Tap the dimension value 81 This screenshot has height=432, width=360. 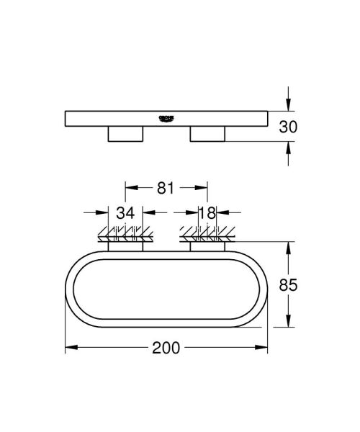pos(166,189)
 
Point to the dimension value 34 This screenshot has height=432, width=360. pos(125,212)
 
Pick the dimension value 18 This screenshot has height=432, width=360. pos(207,212)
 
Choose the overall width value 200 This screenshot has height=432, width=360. pos(166,348)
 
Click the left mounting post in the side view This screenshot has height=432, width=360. pos(125,134)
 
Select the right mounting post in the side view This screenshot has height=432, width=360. pos(207,134)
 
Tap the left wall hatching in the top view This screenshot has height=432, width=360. pos(125,233)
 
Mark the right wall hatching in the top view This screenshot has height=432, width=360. pos(207,233)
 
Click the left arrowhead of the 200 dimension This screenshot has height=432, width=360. pos(70,348)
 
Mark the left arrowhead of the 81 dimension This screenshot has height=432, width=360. pos(130,189)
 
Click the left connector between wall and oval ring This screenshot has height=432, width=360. pos(125,247)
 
